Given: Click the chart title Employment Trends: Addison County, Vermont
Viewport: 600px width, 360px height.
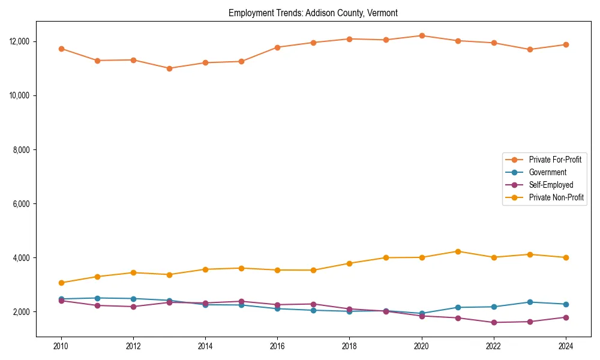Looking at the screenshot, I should point(313,13).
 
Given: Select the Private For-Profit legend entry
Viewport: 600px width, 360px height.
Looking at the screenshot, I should point(550,160).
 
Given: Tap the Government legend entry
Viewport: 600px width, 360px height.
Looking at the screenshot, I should point(547,172).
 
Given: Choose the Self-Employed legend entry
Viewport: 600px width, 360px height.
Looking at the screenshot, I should point(551,185).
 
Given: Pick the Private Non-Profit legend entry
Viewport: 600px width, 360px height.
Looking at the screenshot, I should point(556,197).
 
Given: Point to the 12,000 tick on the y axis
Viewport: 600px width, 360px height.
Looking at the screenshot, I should point(21,41).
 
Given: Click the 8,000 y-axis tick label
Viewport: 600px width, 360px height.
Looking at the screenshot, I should point(23,149).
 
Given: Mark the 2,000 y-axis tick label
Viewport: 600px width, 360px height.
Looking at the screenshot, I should point(23,312).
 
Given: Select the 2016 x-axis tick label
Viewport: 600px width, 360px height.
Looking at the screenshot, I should point(277,346).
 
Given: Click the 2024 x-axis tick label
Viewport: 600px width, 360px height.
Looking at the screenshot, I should point(565,346).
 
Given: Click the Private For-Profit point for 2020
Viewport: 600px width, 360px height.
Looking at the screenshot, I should point(422,35).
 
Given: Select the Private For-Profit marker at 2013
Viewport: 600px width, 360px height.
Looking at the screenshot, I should point(169,68).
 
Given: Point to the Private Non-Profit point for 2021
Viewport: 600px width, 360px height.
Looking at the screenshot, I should point(458,251).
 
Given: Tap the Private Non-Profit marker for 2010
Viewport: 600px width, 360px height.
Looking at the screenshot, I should point(61,283).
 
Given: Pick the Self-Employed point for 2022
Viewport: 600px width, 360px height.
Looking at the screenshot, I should point(494,323).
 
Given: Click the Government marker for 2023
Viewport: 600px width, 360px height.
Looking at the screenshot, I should point(530,302).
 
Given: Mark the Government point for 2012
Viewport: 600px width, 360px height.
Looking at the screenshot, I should point(133,299).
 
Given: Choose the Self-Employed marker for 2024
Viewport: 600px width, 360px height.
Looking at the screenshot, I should point(566,317).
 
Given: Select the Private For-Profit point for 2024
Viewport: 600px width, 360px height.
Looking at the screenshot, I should point(566,44).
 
